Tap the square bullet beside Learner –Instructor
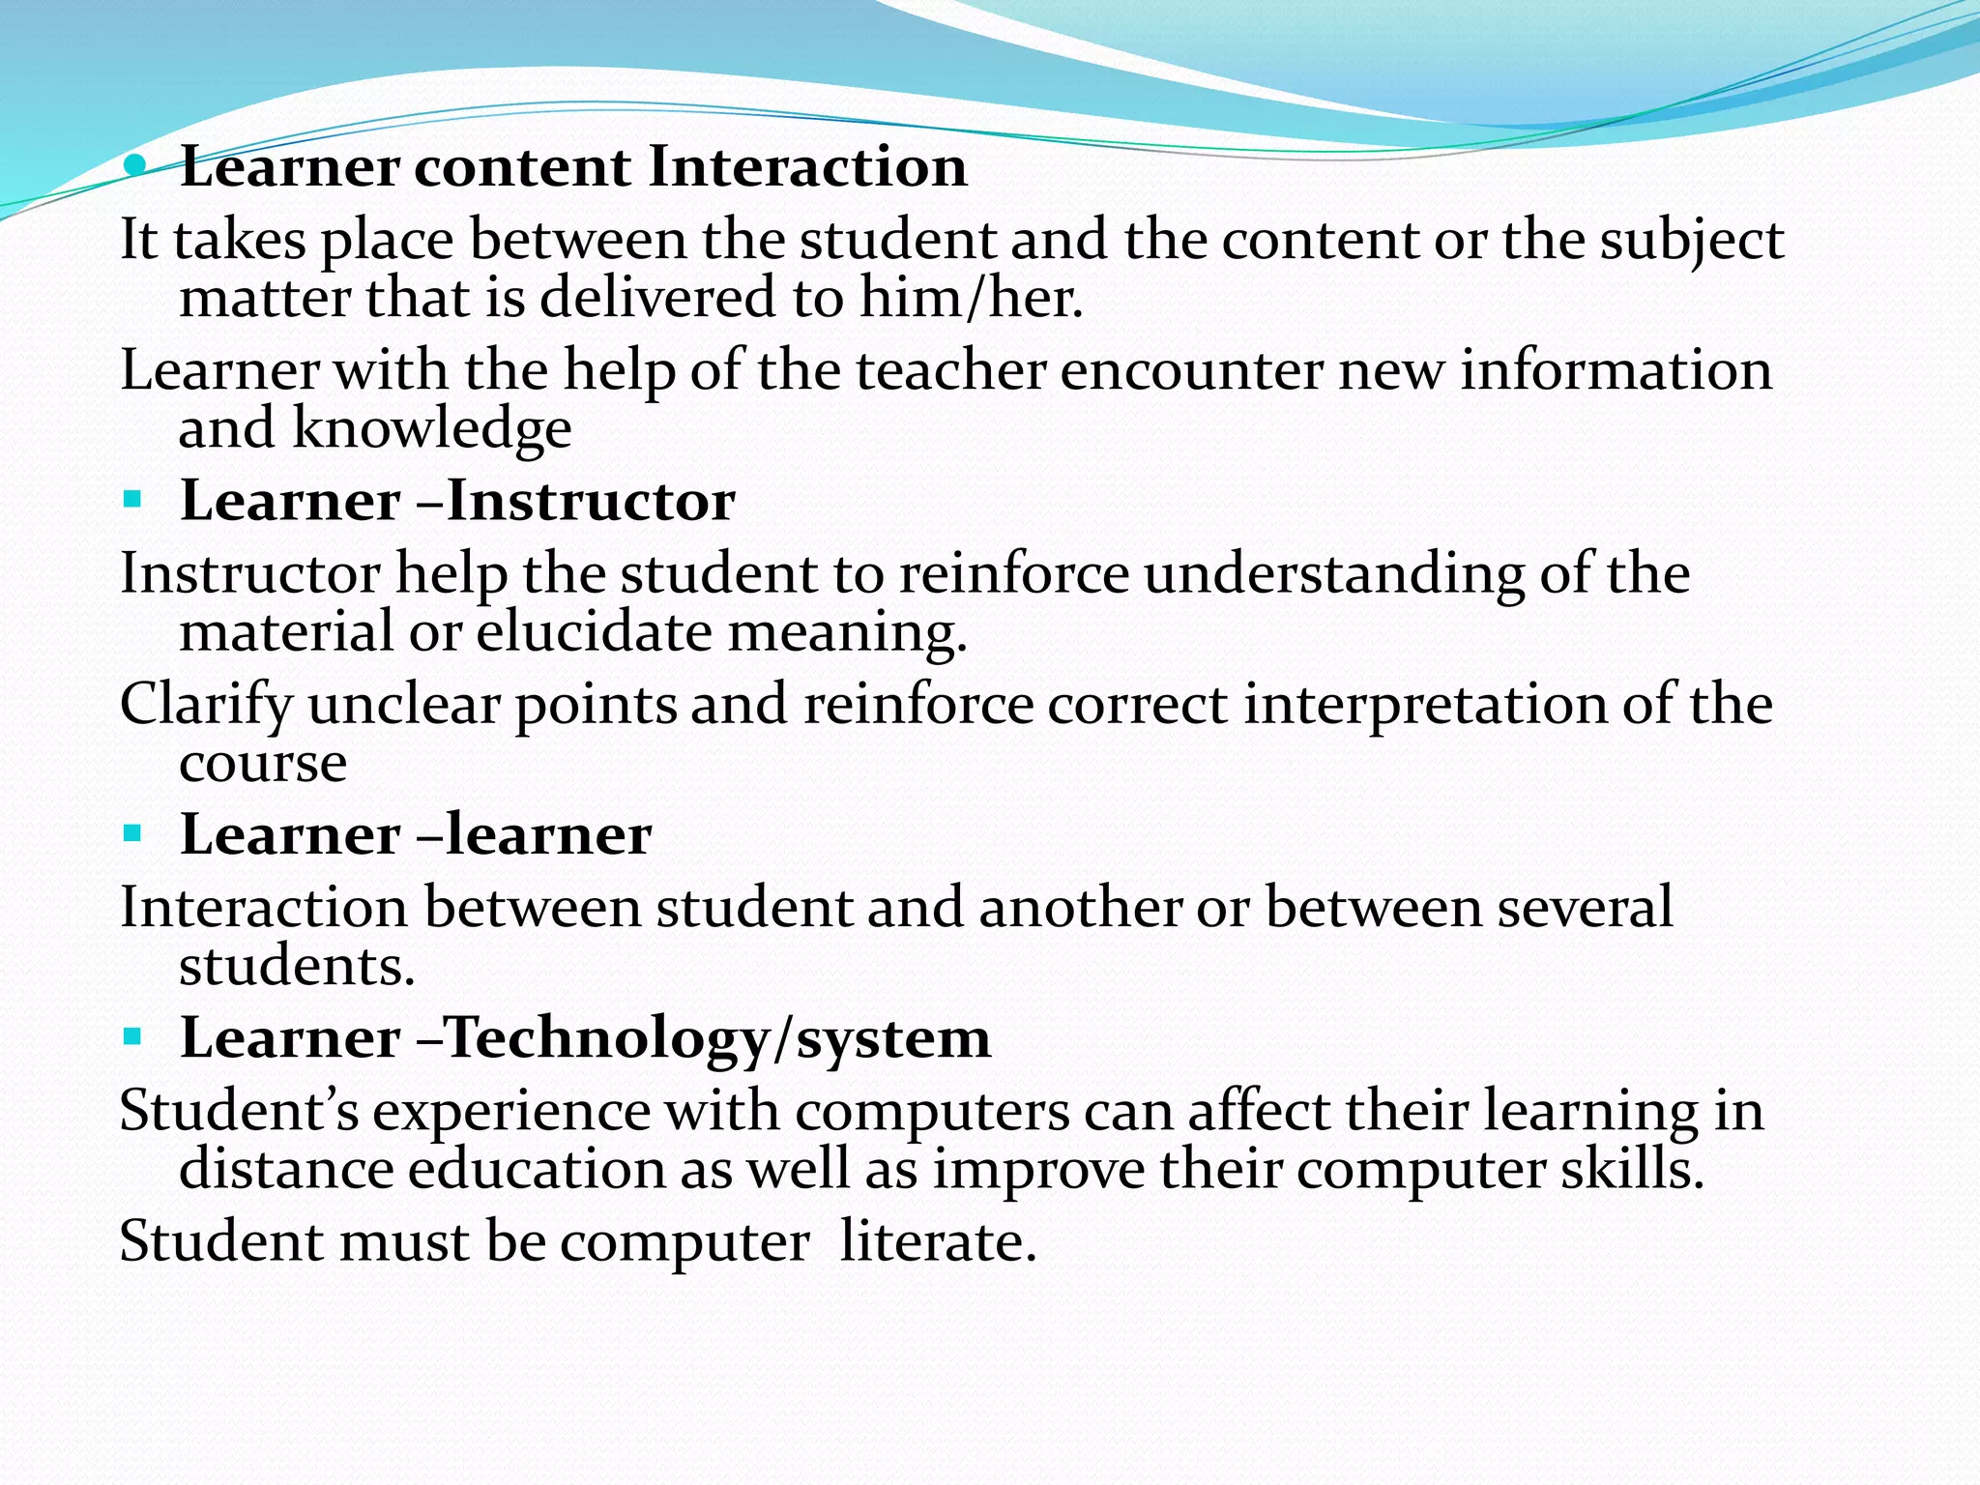pyautogui.click(x=132, y=501)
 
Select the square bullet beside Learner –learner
pyautogui.click(x=132, y=833)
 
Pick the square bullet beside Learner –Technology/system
pyautogui.click(x=132, y=1037)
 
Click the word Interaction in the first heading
pyautogui.click(x=807, y=166)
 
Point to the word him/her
pyautogui.click(x=971, y=297)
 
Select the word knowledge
pyautogui.click(x=431, y=428)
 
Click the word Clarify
pyautogui.click(x=206, y=705)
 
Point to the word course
pyautogui.click(x=263, y=764)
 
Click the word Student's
pyautogui.click(x=239, y=1111)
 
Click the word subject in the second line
pyautogui.click(x=1691, y=241)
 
